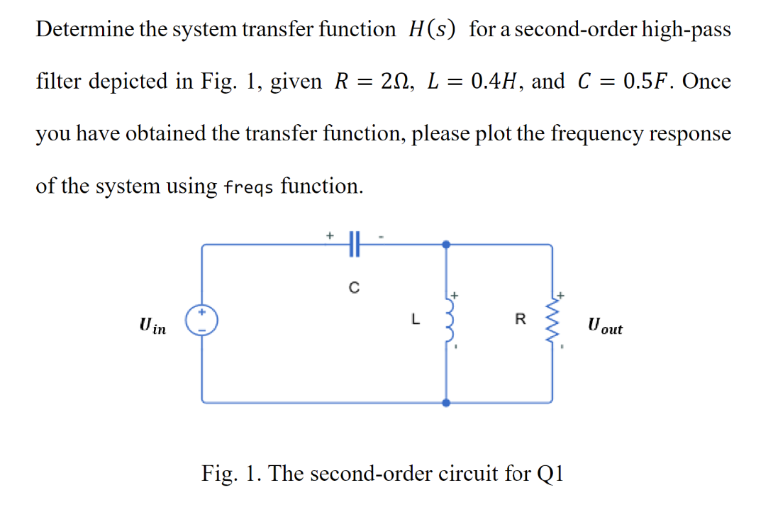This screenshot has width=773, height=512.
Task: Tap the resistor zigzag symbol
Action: (552, 322)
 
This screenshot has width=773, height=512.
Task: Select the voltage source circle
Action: (202, 321)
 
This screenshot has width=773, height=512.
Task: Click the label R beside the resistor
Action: (520, 320)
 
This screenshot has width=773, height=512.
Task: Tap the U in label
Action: (153, 326)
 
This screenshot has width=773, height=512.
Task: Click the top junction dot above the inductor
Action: (446, 245)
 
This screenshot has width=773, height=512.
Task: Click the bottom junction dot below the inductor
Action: (446, 402)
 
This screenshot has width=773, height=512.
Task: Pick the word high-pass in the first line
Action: (682, 30)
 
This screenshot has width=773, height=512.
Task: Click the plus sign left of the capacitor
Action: (329, 233)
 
